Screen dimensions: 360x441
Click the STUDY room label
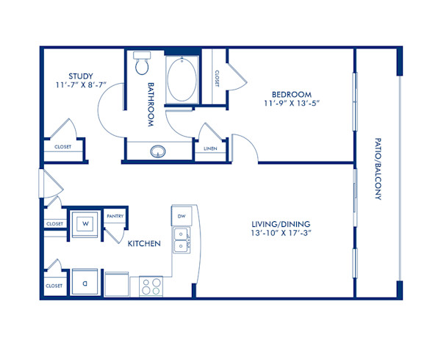click(80, 76)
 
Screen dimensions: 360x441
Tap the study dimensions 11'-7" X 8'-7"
click(80, 85)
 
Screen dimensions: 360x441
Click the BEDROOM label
click(292, 94)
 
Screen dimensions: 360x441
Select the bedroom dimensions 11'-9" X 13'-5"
click(292, 104)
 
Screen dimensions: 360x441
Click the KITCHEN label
click(144, 243)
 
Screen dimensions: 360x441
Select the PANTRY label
click(115, 216)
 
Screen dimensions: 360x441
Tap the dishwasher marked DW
click(182, 215)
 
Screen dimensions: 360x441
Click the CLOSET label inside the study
click(62, 147)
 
